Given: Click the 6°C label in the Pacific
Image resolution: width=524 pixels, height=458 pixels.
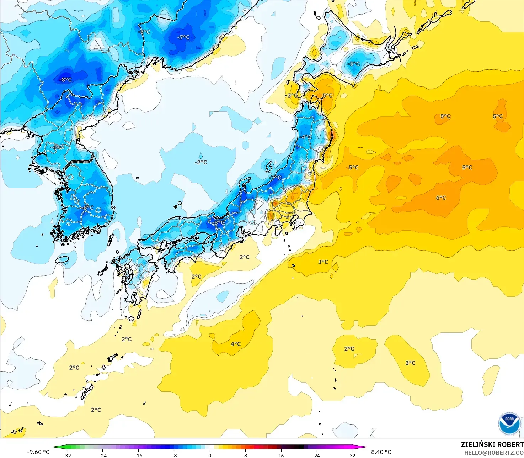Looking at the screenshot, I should pos(441,198).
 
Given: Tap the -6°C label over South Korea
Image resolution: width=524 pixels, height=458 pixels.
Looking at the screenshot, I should pos(88,208).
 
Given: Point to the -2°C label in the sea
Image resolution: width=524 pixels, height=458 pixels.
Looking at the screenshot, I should pos(200,162).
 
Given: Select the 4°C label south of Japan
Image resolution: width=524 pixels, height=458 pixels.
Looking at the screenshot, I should pos(236,344).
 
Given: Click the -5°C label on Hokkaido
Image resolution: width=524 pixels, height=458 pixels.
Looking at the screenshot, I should pos(354,64).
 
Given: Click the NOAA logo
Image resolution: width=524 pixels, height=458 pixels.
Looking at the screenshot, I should pos(509,423).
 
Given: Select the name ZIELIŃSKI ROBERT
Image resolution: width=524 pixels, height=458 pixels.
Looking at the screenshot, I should pos(492,444).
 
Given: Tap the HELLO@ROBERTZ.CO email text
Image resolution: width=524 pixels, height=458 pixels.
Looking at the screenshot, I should pos(494,453).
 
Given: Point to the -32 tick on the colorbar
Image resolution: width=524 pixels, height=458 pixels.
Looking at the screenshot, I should pos(67,455).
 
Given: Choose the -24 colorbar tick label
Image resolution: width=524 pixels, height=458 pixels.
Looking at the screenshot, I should pos(102,455).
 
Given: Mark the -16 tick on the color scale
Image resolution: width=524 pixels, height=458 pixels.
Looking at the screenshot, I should pos(138,455).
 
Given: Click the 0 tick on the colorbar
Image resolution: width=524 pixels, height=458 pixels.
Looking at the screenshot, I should pos(210,455).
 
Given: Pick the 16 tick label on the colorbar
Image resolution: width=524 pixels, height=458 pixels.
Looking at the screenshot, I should pos(281,455).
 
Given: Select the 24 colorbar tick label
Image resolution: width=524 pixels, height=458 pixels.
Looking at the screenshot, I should pos(317,455).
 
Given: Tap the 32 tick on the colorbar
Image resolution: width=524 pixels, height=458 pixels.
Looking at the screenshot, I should pos(352,455).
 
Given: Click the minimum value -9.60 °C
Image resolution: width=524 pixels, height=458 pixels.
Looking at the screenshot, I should pos(38,452).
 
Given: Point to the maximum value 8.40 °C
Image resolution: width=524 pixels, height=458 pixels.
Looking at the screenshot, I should pos(381,452).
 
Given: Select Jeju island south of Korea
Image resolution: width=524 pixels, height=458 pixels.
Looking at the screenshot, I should pos(62,260).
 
